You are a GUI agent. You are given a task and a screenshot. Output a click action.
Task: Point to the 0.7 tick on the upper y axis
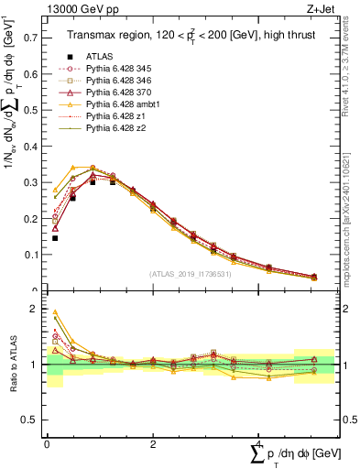[x=45, y=38]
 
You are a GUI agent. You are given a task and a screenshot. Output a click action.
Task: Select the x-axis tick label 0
[x=47, y=442]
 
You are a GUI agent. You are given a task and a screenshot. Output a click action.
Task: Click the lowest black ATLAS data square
[x=55, y=238]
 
